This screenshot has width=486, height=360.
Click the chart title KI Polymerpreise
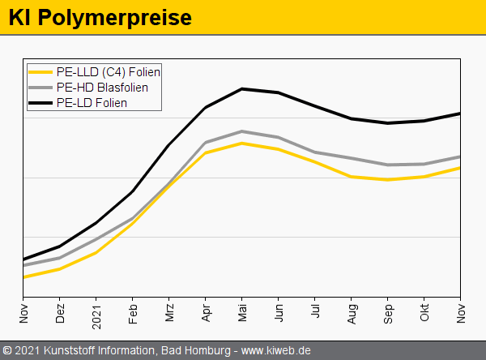coord(100,17)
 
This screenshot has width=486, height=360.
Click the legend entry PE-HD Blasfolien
coord(102,88)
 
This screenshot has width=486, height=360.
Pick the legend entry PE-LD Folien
coord(92,103)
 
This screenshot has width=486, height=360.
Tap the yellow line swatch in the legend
coord(40,72)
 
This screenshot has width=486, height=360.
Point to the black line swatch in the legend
coord(40,103)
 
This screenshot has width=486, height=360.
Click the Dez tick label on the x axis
coord(60,314)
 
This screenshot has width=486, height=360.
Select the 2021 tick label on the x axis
coord(96,316)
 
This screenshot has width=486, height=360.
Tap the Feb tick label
coord(133,314)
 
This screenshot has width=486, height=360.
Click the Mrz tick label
coord(169,314)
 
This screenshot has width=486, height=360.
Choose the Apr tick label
coord(206,314)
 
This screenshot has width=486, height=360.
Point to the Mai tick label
coord(242,314)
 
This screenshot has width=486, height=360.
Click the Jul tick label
coord(315,312)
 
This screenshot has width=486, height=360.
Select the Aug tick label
coord(352,314)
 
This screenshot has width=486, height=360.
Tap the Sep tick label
coord(388,314)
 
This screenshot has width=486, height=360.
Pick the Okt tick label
coord(424,314)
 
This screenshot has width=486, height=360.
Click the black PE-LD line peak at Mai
coord(242,88)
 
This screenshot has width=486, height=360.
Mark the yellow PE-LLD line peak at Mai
coord(242,144)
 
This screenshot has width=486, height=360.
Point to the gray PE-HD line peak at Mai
coord(242,131)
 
